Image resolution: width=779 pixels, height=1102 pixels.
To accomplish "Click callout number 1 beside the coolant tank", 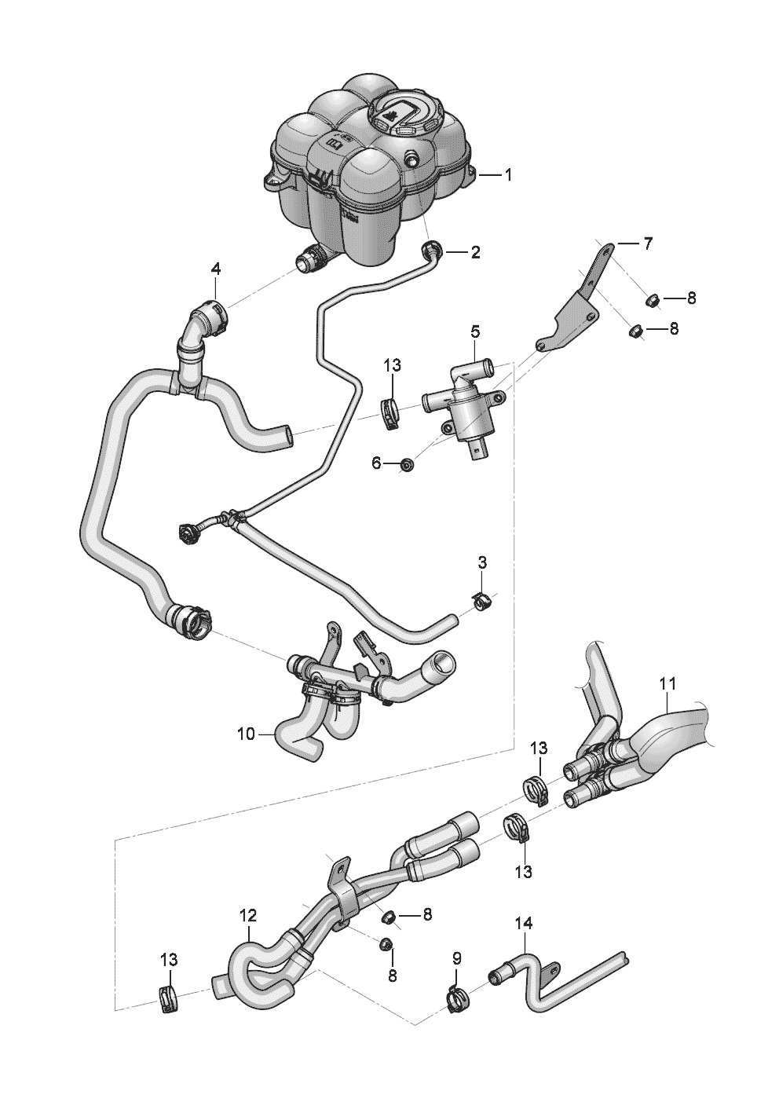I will click(x=508, y=175).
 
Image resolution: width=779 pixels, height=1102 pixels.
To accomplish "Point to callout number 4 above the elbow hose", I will click(x=215, y=269).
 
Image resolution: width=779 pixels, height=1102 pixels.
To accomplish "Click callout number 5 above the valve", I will click(x=475, y=332).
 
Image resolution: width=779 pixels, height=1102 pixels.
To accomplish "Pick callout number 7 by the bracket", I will click(x=647, y=244).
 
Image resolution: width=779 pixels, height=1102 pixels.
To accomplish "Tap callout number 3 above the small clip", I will click(x=482, y=562).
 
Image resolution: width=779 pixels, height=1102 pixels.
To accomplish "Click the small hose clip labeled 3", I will click(x=484, y=602).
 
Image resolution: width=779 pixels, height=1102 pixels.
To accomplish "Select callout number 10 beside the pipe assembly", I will click(x=245, y=734).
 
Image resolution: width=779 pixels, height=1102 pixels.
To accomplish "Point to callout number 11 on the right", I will click(x=667, y=683).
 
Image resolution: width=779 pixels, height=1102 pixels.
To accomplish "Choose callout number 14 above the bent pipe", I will click(x=523, y=924).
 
